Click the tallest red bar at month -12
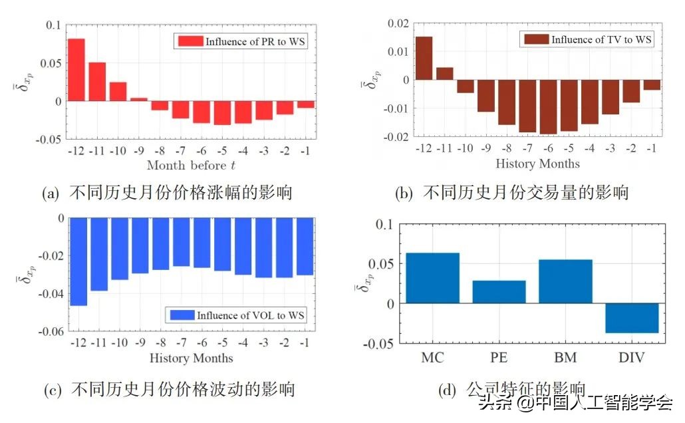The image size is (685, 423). click(x=76, y=70)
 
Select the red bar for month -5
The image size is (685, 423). click(x=222, y=113)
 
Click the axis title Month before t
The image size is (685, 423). click(x=191, y=165)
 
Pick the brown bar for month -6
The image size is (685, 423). click(x=548, y=107)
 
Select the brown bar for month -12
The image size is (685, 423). click(x=424, y=58)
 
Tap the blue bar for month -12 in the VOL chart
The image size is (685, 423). click(x=78, y=261)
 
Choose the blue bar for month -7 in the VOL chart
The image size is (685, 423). click(x=181, y=242)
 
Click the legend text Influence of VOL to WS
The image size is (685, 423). click(x=251, y=315)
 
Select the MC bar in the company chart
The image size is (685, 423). click(x=433, y=278)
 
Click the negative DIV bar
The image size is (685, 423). click(x=632, y=318)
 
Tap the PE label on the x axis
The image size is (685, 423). click(x=499, y=357)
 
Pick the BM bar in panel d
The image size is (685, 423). click(x=565, y=281)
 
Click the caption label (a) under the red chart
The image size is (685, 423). click(x=51, y=194)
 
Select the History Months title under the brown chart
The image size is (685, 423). click(x=537, y=164)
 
